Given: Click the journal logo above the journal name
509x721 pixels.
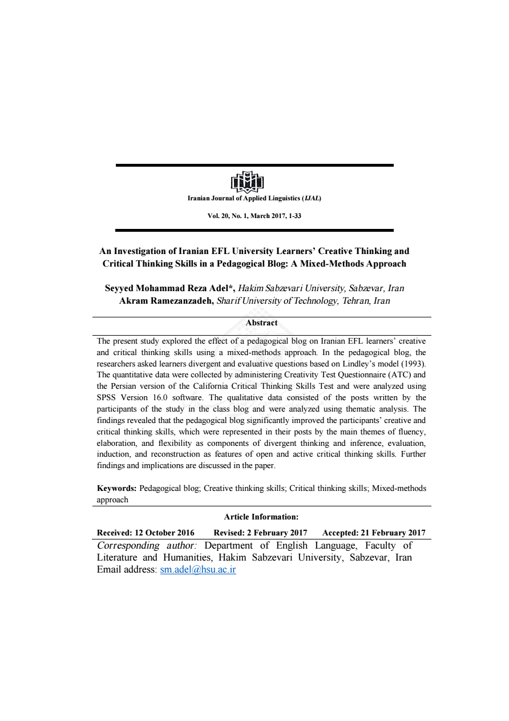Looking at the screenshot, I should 247,182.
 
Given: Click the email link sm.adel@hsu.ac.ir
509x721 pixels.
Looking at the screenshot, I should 198,570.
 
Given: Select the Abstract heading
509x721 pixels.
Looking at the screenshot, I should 261,323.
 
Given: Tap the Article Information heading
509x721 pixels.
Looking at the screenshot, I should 261,517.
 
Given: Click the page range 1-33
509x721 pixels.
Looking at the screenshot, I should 295,216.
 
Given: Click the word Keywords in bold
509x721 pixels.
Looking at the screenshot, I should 116,489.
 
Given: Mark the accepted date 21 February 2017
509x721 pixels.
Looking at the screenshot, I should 390,533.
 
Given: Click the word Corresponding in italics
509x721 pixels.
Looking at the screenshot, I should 128,546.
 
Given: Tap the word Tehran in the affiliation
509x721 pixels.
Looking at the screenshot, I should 356,301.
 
